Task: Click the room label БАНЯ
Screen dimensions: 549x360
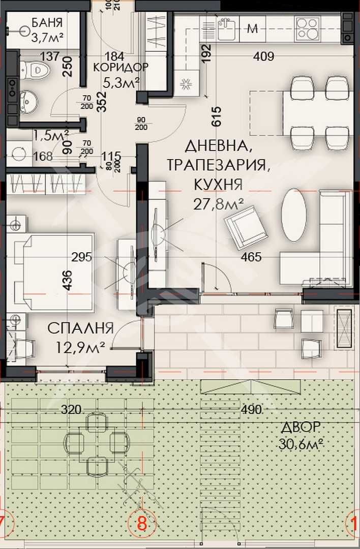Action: click(x=47, y=22)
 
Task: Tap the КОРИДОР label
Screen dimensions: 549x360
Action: click(x=121, y=67)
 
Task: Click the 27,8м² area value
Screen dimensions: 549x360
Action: click(x=218, y=203)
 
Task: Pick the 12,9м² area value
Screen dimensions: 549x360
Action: click(x=81, y=347)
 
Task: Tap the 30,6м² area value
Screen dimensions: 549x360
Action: click(x=302, y=444)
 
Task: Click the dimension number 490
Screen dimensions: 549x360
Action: click(x=251, y=410)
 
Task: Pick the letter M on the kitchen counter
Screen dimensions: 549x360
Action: click(x=252, y=28)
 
